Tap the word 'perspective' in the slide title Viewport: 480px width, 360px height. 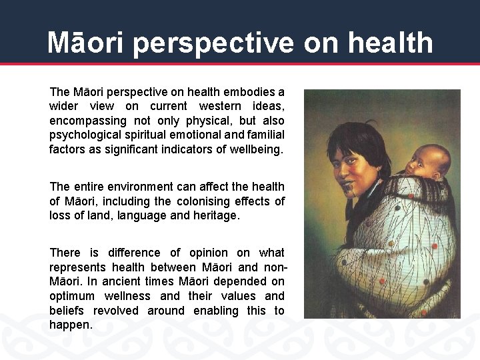213,43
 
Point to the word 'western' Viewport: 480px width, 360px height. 218,107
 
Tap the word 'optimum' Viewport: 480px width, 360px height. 73,296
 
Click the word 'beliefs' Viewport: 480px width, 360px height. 67,311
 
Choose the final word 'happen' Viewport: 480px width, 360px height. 69,325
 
